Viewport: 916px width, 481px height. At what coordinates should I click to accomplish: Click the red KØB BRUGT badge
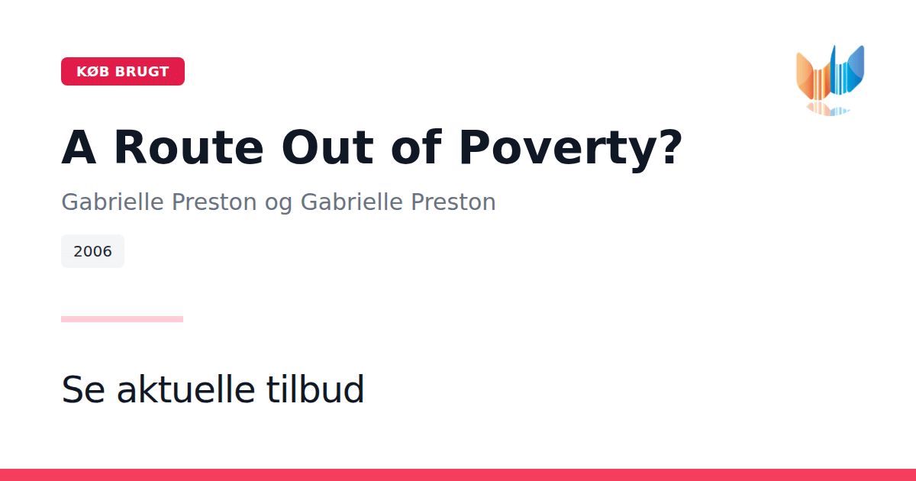pos(123,71)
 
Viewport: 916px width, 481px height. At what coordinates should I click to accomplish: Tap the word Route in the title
pos(189,147)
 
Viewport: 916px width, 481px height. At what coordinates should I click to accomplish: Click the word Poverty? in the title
pos(571,150)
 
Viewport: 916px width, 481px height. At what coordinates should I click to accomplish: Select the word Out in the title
pos(327,147)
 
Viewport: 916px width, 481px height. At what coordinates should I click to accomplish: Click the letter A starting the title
pos(79,147)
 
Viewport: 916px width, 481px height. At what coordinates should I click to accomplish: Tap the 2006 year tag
pos(92,251)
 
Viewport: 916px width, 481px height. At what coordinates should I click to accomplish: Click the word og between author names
pos(279,203)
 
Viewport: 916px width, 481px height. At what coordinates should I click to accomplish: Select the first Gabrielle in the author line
pos(112,202)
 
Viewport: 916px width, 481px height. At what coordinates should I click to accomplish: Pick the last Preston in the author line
pos(453,202)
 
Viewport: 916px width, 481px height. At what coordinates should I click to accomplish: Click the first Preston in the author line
pos(214,202)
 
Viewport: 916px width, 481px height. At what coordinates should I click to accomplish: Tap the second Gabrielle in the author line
pos(352,202)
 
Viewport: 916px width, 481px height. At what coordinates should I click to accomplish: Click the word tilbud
pos(314,389)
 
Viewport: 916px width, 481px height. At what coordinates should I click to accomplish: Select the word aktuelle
pos(186,389)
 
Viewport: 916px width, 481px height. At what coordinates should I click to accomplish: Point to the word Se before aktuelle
pos(83,389)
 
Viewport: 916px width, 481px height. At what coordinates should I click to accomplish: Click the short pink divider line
pos(122,319)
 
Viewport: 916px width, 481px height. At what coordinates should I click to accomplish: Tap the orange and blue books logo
pos(831,73)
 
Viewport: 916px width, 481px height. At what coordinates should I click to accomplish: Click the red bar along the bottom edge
pos(458,475)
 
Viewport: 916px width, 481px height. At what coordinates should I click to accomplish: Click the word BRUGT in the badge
pos(142,72)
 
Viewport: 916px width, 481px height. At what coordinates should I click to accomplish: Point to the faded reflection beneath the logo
pos(828,109)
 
